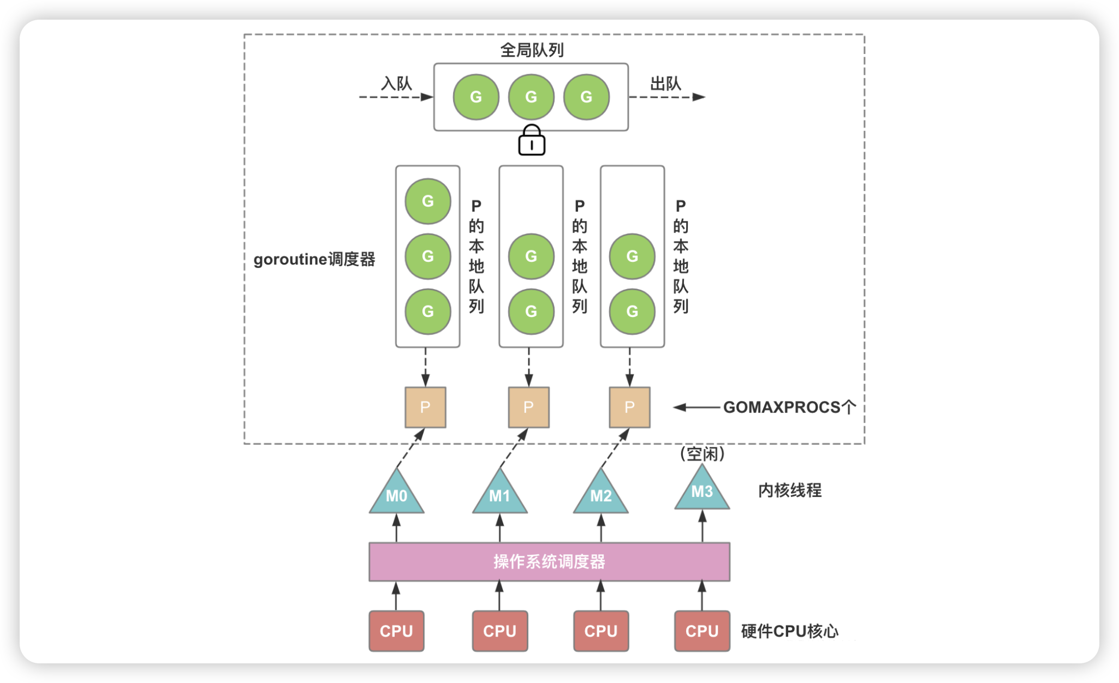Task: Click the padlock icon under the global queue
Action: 531,141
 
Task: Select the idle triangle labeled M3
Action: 702,490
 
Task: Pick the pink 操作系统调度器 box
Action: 549,562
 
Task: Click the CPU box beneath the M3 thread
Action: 702,631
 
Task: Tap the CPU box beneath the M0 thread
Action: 396,631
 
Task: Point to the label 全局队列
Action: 532,50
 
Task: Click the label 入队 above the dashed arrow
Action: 396,83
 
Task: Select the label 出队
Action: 665,83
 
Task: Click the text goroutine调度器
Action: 314,259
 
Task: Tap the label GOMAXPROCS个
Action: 789,408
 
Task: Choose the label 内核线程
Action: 789,490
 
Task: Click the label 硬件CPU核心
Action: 789,631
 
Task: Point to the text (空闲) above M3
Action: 702,454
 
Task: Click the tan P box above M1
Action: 528,408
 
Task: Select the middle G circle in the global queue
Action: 531,97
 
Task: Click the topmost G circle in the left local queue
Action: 427,201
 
